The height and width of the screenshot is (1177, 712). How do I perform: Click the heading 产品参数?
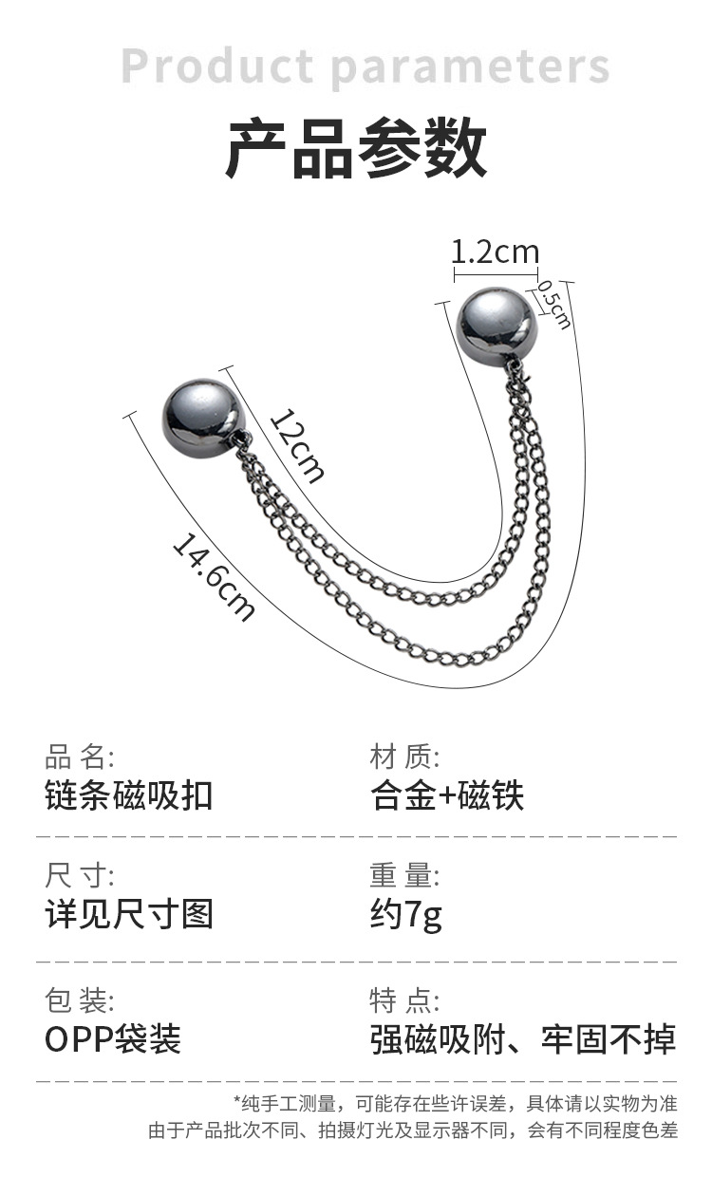(x=356, y=148)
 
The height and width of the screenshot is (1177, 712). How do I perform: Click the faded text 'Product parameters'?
(x=365, y=67)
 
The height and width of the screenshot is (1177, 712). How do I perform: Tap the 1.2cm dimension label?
(x=495, y=252)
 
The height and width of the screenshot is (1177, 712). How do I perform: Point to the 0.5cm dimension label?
(x=554, y=304)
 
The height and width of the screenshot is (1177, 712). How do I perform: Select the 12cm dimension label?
(x=297, y=444)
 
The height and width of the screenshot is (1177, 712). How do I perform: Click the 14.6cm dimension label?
(x=214, y=577)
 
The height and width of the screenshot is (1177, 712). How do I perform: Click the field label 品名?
(x=80, y=757)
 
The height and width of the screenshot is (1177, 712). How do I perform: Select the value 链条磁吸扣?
(x=129, y=795)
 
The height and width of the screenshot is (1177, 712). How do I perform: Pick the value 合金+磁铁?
(x=447, y=795)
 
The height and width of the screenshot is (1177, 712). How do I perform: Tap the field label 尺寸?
(x=80, y=875)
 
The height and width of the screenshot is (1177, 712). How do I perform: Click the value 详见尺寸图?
(x=129, y=914)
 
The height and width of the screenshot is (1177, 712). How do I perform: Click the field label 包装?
(x=80, y=1000)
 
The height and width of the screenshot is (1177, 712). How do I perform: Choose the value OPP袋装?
(x=113, y=1039)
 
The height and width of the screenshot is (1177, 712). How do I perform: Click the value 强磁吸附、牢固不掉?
(x=523, y=1039)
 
